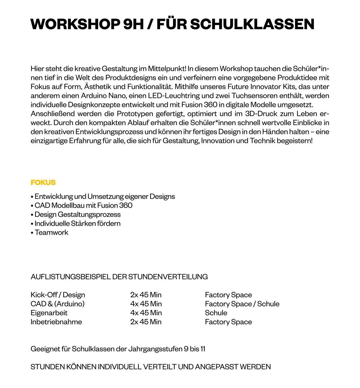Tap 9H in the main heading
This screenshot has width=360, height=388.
click(x=133, y=24)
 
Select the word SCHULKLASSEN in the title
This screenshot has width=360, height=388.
click(x=252, y=24)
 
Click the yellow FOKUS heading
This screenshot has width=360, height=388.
click(x=43, y=182)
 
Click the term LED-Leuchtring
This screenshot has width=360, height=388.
click(x=183, y=95)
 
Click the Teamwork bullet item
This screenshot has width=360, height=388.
click(x=51, y=232)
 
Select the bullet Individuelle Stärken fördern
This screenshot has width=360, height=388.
click(x=77, y=224)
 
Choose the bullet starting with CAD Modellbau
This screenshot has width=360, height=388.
click(x=83, y=205)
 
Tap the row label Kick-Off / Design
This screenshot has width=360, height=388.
click(x=58, y=295)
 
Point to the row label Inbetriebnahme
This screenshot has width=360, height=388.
click(x=56, y=322)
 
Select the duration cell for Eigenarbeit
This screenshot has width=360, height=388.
click(x=146, y=313)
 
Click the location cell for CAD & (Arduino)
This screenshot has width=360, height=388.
click(x=242, y=304)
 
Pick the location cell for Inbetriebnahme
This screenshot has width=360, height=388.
click(x=228, y=322)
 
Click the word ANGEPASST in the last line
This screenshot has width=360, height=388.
click(x=216, y=367)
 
